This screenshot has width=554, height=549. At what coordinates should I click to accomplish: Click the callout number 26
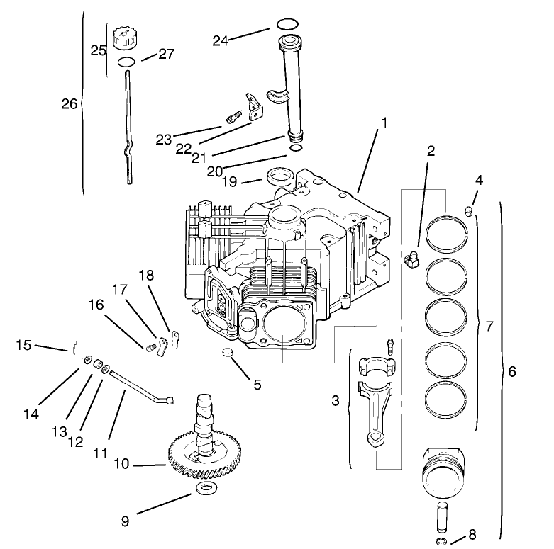tap(70, 104)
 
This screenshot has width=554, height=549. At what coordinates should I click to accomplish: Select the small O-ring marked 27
tap(126, 62)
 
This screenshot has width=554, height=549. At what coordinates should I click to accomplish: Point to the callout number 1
tap(384, 123)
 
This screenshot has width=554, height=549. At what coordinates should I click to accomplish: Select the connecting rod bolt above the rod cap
tap(389, 347)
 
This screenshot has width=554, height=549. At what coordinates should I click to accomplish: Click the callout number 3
tap(336, 401)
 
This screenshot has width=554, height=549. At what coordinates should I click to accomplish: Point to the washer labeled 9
tap(206, 489)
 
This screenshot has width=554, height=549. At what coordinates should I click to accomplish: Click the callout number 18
tap(145, 275)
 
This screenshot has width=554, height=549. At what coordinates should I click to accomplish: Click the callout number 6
tap(512, 370)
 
